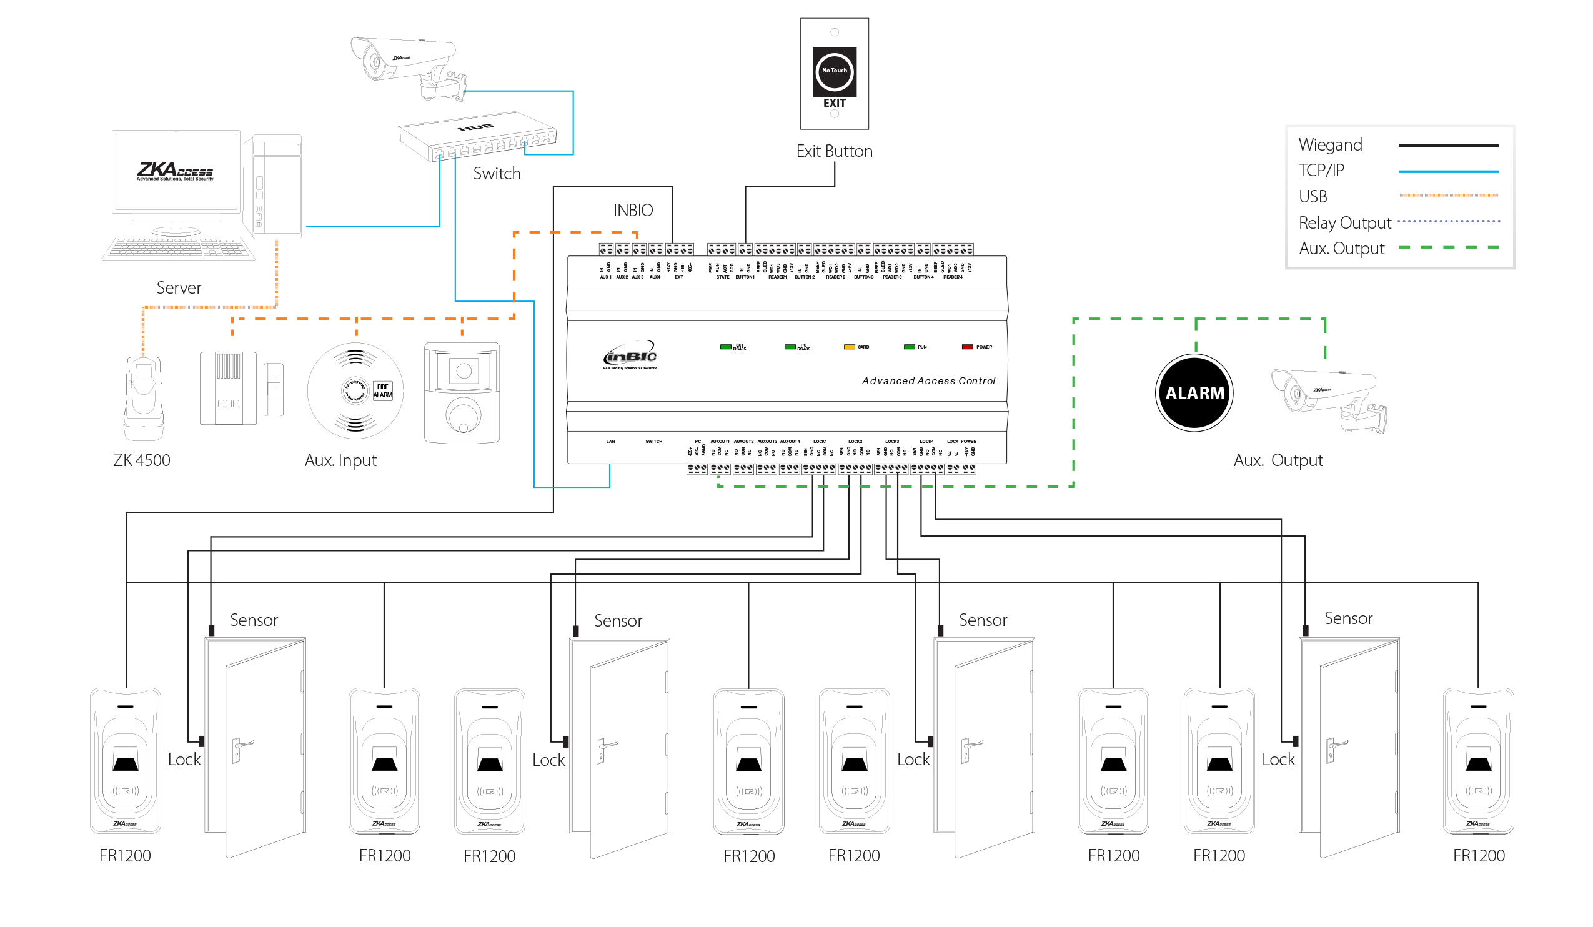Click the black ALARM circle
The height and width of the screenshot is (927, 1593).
pos(1194,393)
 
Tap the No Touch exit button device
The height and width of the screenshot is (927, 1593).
pos(835,74)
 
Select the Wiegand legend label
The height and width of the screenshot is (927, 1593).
pos(1330,145)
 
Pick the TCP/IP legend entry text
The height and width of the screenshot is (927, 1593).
pos(1321,171)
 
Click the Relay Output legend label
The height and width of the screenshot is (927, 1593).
pos(1344,223)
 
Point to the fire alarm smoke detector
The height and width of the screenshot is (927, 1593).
pos(355,390)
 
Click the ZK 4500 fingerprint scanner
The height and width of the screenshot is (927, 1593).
pos(144,398)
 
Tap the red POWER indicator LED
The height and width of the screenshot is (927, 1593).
pos(967,347)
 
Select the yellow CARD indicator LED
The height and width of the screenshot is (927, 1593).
pos(849,347)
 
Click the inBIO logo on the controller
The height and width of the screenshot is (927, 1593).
pos(630,357)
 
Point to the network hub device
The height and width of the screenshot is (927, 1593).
pos(477,136)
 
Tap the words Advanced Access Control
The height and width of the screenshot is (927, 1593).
pos(928,381)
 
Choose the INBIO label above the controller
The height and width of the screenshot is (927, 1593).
pos(633,211)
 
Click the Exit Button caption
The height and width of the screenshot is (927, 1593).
pos(835,152)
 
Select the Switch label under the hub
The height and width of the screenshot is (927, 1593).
pos(497,174)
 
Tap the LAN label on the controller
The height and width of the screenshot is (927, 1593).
pos(610,442)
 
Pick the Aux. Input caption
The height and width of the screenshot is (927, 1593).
pos(340,460)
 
